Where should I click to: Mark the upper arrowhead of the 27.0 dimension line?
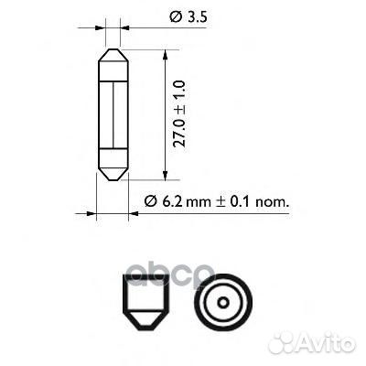coord(164,54)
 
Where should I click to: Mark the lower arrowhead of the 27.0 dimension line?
coord(164,175)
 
